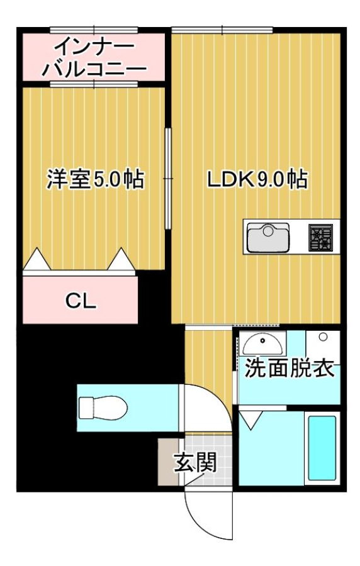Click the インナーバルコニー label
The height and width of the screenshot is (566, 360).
[x=94, y=57]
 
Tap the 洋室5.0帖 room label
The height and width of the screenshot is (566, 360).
[x=95, y=179]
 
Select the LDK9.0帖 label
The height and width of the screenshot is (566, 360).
[x=257, y=179]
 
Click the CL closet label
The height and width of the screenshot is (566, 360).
[x=81, y=301]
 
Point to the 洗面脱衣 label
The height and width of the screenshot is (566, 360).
[x=290, y=369]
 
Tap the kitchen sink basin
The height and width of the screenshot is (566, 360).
[x=267, y=238]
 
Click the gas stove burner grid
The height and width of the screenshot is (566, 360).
[x=320, y=238]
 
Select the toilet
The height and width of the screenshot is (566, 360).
[x=103, y=408]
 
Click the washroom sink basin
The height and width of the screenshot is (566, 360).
[x=262, y=344]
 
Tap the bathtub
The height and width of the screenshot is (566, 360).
[x=322, y=448]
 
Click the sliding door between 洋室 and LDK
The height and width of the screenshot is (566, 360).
[x=168, y=179]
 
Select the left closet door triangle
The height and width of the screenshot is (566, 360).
[x=37, y=260]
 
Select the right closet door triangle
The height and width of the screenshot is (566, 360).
[x=121, y=260]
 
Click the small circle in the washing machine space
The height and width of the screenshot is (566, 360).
[x=323, y=337]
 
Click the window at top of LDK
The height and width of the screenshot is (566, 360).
[x=222, y=30]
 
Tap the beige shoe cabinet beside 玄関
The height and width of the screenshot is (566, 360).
[x=169, y=462]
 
